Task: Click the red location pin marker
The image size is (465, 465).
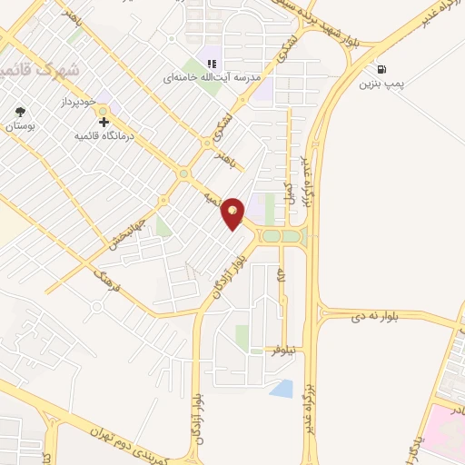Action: [x=233, y=213]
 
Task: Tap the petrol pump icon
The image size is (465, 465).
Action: [x=380, y=69]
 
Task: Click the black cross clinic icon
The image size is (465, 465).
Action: [x=104, y=121]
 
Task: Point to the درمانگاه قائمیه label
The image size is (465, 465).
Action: [x=107, y=134]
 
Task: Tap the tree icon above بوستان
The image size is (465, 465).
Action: [x=19, y=113]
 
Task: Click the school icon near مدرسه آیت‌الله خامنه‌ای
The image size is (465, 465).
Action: [x=211, y=64]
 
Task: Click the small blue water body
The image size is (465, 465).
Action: [x=282, y=389]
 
